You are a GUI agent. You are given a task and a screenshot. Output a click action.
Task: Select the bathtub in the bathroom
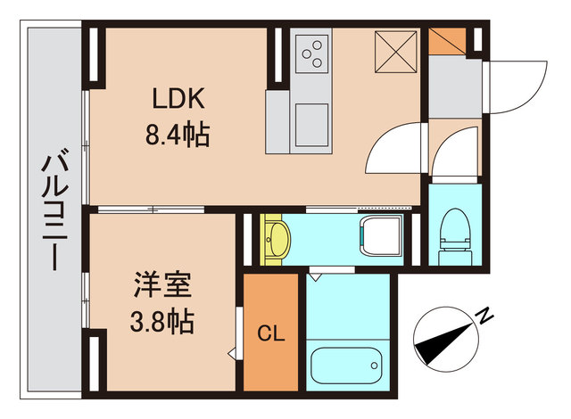point(349,366)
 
